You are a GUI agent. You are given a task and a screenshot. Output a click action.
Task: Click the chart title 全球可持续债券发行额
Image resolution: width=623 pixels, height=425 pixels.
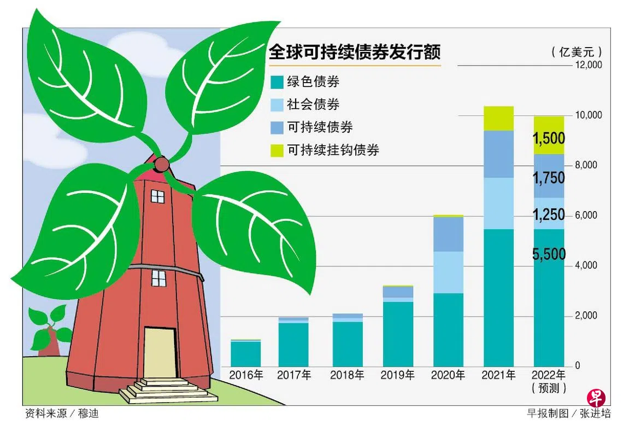point(355,51)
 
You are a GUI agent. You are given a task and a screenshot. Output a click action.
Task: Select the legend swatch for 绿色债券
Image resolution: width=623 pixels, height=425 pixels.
point(277,82)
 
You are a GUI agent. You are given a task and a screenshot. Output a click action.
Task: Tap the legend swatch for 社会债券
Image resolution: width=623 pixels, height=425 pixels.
point(277,105)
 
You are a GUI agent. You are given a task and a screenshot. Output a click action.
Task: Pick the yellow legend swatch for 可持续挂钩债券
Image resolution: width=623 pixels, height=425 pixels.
point(277,150)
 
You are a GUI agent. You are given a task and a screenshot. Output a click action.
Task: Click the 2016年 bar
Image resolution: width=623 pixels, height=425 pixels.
point(245,353)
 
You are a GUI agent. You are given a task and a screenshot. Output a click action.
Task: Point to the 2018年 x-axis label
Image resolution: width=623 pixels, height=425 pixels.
point(347,375)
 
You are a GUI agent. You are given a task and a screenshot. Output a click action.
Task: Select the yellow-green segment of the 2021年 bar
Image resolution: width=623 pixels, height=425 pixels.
point(498,119)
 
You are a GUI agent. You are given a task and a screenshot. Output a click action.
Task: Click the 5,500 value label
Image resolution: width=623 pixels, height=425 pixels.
point(549,254)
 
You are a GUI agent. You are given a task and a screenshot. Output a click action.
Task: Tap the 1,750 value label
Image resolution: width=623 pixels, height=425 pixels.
point(549,178)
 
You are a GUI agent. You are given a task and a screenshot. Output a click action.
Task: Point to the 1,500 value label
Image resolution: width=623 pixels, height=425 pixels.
point(549,138)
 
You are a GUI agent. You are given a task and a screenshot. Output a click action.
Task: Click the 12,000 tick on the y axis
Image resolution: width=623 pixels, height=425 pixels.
point(589,65)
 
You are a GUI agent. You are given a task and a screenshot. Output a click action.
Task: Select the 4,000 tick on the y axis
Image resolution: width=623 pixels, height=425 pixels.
point(586,265)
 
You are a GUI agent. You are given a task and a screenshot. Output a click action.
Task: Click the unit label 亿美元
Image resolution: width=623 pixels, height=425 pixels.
point(577,51)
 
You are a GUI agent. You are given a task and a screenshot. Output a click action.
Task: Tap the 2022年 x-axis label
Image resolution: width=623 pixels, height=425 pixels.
point(549,375)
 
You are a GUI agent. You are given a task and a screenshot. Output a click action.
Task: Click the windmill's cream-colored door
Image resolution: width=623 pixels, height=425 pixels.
point(160,353)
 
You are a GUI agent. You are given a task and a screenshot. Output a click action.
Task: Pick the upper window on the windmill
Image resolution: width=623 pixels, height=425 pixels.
point(158,196)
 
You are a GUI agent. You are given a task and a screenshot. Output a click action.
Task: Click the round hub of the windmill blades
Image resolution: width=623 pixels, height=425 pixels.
point(161,164)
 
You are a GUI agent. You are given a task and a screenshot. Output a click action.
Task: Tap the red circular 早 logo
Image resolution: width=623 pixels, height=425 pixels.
point(596,398)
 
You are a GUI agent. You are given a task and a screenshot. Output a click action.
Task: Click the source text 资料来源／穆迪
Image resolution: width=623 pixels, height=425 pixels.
point(62,414)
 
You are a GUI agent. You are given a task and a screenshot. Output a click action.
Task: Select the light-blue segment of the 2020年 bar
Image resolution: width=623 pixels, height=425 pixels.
point(448,272)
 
